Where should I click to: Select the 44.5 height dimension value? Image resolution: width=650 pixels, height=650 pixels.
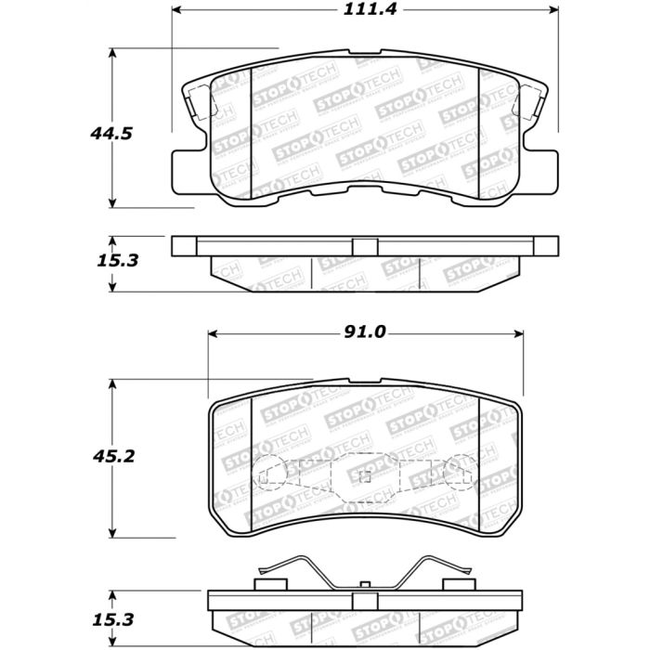111,134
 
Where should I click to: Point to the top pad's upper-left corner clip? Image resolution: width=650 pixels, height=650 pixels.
195,102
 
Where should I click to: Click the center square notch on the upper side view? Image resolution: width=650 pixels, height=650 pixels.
365,246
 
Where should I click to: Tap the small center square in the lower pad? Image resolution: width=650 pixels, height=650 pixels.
365,477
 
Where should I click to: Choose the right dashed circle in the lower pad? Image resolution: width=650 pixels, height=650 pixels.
460,474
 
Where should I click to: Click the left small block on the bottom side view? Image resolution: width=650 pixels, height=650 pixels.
269,585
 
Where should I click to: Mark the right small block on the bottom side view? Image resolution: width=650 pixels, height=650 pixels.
457,585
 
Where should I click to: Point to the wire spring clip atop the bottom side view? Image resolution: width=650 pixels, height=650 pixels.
364,568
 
